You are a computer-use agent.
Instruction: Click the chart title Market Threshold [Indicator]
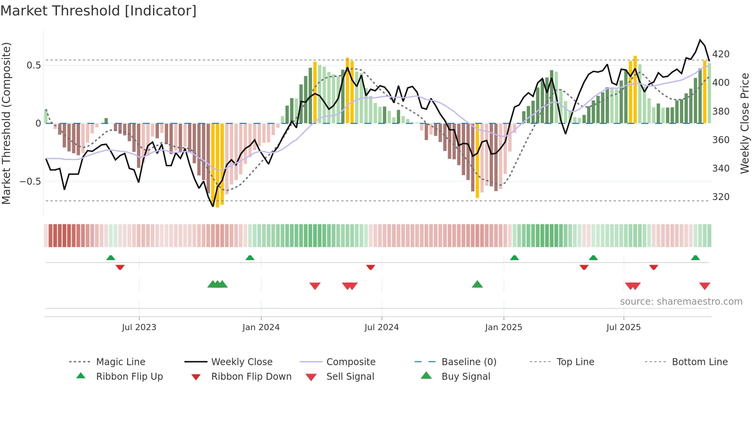click(98, 11)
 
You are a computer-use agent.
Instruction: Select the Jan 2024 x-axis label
click(261, 327)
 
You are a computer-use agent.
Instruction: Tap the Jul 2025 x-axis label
click(623, 327)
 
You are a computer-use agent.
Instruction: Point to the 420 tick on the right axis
click(721, 54)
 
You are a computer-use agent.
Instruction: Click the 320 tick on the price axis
click(721, 197)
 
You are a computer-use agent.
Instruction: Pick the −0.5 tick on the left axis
click(30, 182)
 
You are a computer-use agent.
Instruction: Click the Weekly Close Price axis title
click(745, 123)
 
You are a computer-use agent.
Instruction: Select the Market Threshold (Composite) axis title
click(6, 123)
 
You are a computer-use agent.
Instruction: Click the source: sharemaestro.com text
click(681, 302)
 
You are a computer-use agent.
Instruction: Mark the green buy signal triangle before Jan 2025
click(477, 284)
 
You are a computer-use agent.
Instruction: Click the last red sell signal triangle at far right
click(704, 286)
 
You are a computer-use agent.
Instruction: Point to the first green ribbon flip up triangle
click(111, 257)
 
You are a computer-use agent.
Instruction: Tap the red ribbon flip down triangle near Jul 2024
click(370, 267)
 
